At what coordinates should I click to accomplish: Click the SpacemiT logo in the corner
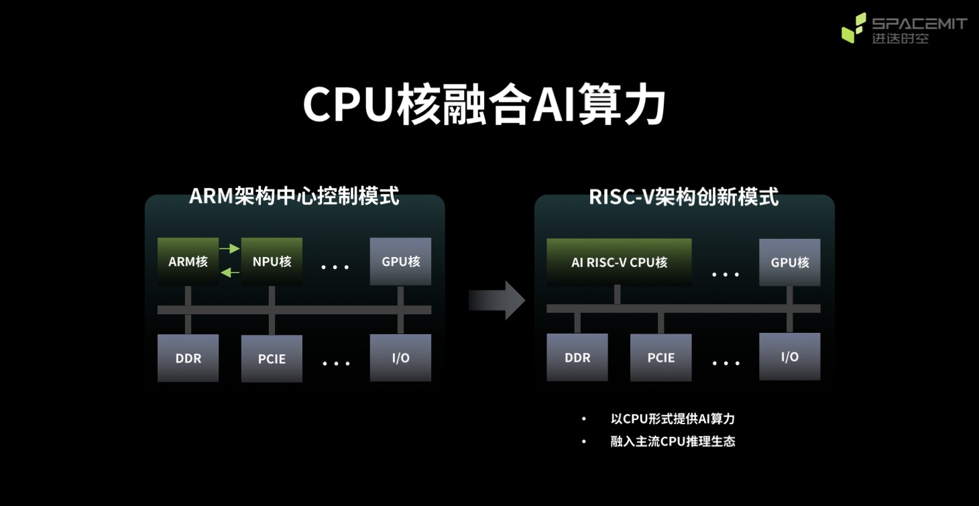click(903, 28)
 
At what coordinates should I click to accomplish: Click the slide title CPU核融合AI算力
click(484, 105)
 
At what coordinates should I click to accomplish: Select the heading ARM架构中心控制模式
click(294, 196)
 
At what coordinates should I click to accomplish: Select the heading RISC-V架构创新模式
click(683, 197)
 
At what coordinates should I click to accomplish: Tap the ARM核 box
click(188, 261)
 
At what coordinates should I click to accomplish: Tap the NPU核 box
click(272, 261)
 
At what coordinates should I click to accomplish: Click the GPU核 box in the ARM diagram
click(400, 261)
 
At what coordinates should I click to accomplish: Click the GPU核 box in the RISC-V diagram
click(789, 262)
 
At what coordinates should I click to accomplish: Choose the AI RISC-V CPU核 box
click(619, 262)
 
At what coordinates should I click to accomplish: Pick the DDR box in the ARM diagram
click(188, 358)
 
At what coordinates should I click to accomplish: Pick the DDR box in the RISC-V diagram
click(577, 358)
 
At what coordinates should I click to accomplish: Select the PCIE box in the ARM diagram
click(272, 359)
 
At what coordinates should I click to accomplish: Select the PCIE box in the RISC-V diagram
click(660, 358)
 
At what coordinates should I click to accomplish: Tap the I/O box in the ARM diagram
click(400, 358)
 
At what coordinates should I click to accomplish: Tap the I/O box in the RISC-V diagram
click(789, 356)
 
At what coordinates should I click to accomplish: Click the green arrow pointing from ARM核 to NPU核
click(230, 249)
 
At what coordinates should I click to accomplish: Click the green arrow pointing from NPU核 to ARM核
click(230, 272)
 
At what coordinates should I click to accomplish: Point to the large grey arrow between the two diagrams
click(496, 300)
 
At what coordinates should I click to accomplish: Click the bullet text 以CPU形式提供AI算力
click(673, 419)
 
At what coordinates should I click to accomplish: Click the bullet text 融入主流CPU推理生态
click(673, 442)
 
